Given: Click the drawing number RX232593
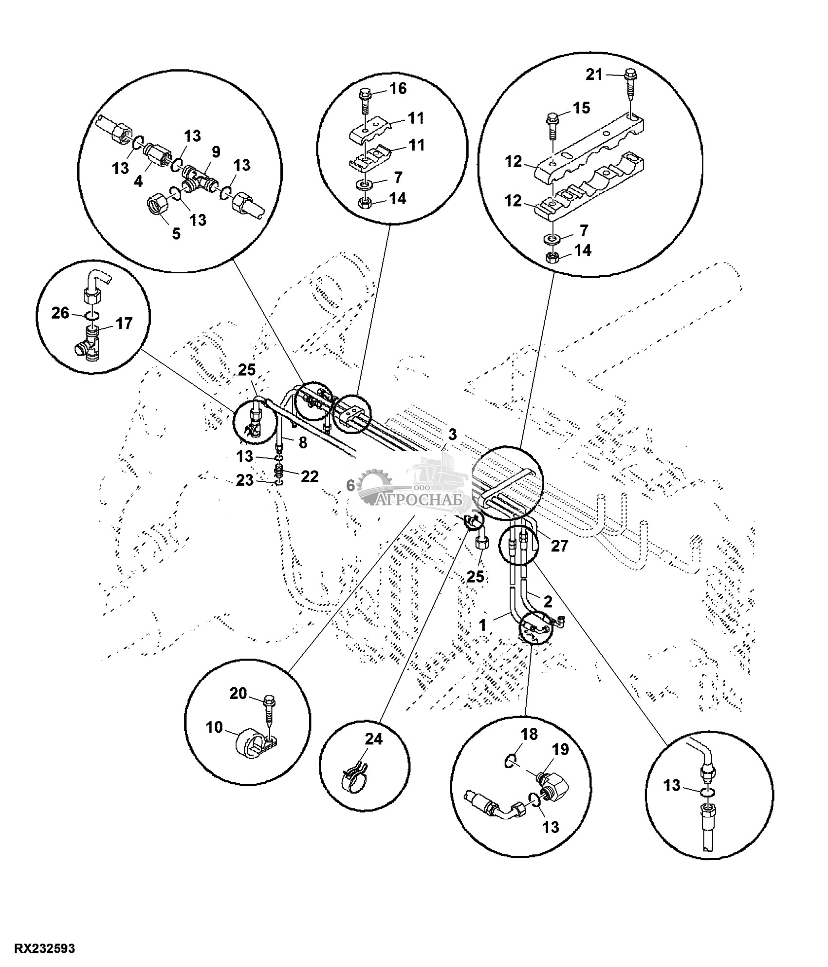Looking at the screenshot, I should tap(44, 949).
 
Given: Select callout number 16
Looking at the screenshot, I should tap(397, 89).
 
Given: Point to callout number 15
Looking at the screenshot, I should tap(581, 108).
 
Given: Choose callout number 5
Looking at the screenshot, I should tap(176, 233).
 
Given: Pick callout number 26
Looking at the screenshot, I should tap(61, 313).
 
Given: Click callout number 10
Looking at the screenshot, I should tap(214, 741).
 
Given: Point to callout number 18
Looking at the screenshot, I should tap(530, 734).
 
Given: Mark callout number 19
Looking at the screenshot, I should tap(560, 749).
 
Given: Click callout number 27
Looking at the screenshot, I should tap(559, 546).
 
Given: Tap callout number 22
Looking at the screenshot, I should tap(309, 476).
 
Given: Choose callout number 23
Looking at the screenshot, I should tap(245, 481).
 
